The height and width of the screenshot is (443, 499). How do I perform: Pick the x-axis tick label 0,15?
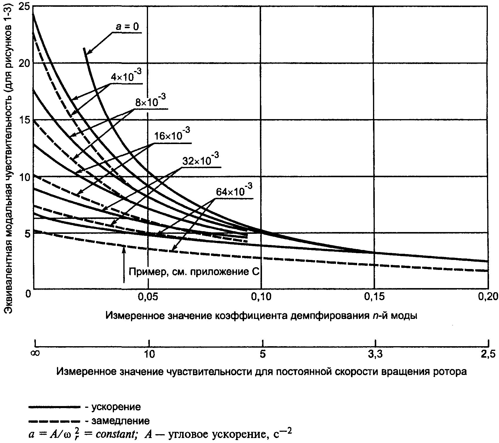(374, 298)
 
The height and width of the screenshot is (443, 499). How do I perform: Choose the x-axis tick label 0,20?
(488, 298)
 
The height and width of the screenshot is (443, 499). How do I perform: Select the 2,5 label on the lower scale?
(488, 354)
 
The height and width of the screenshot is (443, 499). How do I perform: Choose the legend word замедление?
(120, 421)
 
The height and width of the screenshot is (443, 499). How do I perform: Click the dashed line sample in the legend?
(54, 421)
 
